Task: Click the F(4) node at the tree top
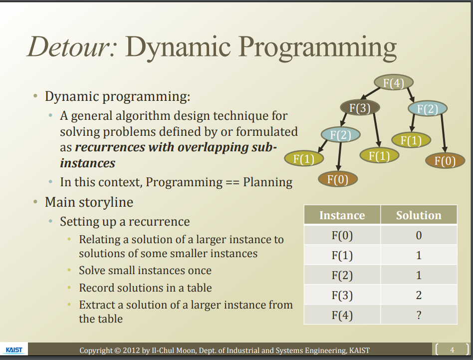coord(393,82)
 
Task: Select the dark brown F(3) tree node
coord(360,107)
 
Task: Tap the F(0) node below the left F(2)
coord(338,179)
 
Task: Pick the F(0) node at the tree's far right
coord(445,161)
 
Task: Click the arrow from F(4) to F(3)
coord(371,93)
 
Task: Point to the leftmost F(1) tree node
coord(304,158)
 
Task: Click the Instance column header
coord(342,215)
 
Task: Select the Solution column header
coord(419,215)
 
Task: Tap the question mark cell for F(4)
coord(419,315)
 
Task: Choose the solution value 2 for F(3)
coord(419,295)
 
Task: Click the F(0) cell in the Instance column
coord(342,235)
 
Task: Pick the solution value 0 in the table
coord(419,235)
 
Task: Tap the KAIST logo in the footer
coord(14,350)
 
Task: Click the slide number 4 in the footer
coord(452,350)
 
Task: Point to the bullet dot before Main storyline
coord(35,202)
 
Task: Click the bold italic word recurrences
coord(110,147)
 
